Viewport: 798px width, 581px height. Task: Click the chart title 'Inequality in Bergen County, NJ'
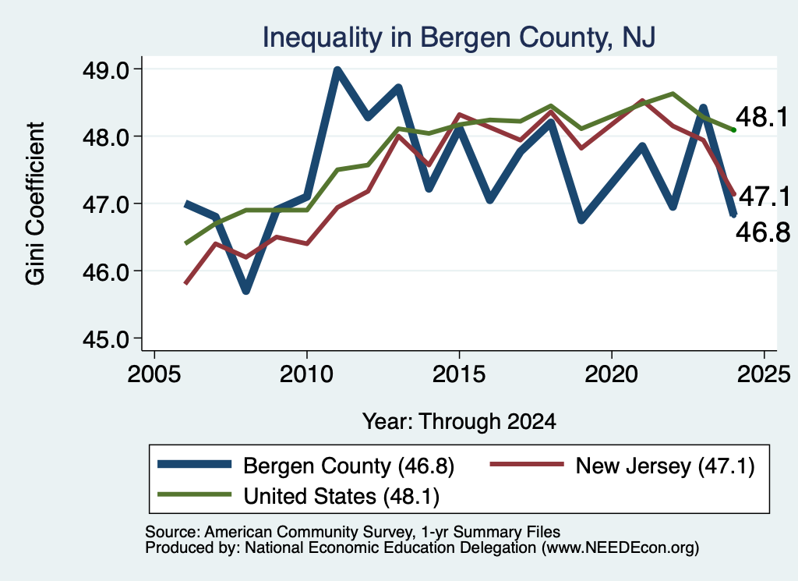(x=458, y=37)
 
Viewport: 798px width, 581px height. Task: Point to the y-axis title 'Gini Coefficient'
(x=35, y=204)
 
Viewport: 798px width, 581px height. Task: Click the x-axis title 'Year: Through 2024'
(x=459, y=422)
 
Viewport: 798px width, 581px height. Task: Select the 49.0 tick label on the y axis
(x=106, y=69)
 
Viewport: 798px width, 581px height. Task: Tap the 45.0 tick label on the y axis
(x=106, y=338)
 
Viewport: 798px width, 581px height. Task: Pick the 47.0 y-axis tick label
(x=106, y=204)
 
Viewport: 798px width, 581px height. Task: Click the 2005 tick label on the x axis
(x=154, y=374)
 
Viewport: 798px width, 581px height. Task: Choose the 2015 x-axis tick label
(x=459, y=374)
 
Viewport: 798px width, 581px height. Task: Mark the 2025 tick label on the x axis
(x=764, y=374)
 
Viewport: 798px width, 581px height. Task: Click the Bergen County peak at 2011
(x=337, y=70)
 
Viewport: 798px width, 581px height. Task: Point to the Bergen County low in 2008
(x=245, y=290)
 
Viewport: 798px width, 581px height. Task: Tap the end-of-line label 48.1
(x=762, y=118)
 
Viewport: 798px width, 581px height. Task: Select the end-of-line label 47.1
(x=764, y=197)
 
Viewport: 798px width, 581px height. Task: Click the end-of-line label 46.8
(x=763, y=232)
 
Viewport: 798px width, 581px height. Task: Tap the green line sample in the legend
(x=194, y=494)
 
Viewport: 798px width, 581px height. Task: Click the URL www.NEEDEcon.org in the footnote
(x=620, y=548)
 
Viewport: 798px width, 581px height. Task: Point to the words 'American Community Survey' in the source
(x=309, y=532)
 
